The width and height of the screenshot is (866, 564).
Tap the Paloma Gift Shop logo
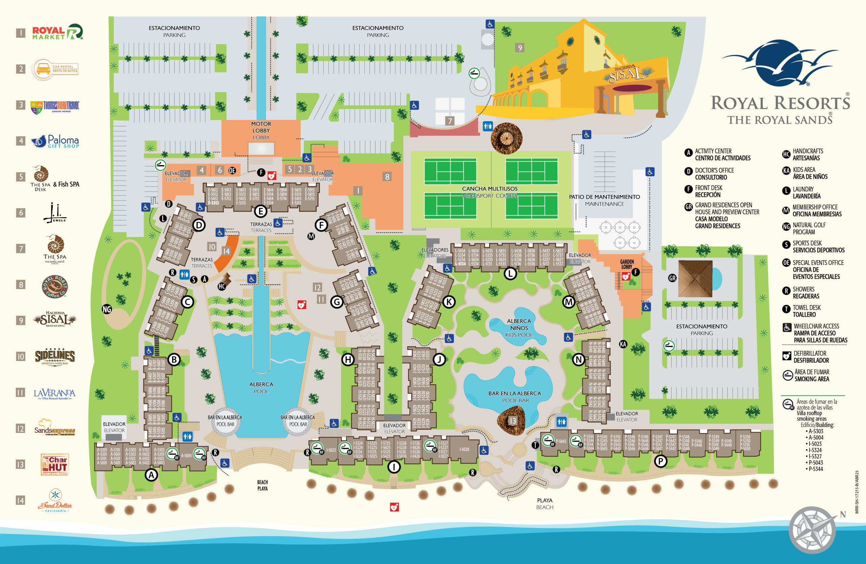[x=55, y=141]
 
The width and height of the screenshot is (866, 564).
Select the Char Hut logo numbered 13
[x=54, y=464]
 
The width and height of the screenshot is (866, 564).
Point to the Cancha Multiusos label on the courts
[x=490, y=189]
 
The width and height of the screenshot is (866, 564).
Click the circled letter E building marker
[x=260, y=211]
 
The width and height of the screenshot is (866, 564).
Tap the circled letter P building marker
[x=660, y=461]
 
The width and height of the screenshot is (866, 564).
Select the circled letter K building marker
[x=449, y=302]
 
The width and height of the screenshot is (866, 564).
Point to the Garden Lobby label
[x=626, y=264]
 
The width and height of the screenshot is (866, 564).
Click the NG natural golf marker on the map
[x=107, y=309]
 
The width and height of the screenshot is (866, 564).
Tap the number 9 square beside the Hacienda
[x=520, y=48]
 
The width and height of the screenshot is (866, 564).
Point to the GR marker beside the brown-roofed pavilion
[x=672, y=278]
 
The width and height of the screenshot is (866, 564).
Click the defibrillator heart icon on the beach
[x=394, y=507]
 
